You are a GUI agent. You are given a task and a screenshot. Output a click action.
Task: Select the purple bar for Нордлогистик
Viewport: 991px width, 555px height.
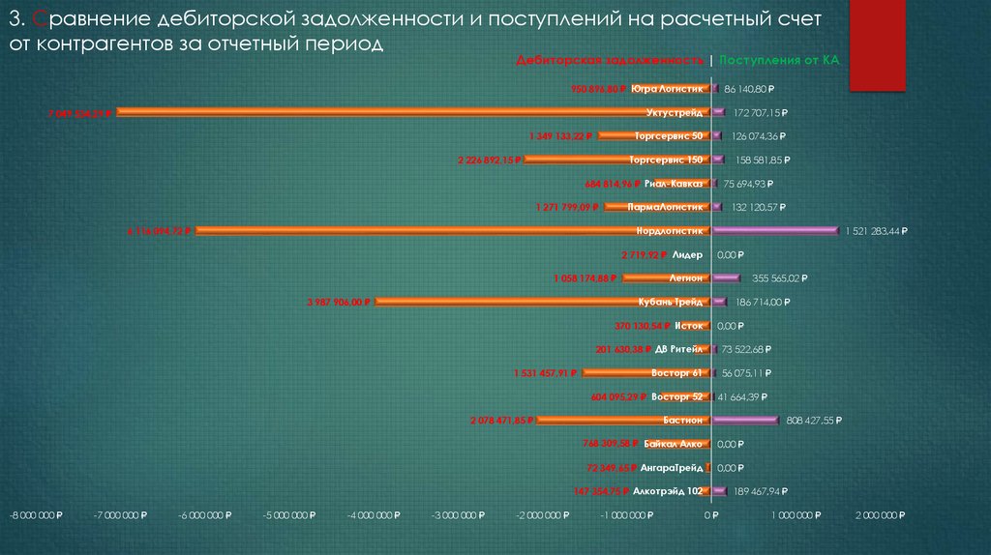(x=774, y=230)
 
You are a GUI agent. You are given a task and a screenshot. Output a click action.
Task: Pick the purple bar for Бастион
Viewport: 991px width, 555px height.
(x=745, y=421)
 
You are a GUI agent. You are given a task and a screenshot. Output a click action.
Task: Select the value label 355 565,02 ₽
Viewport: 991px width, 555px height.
(x=773, y=278)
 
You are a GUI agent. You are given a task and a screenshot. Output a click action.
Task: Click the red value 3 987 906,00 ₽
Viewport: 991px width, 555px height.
(x=339, y=303)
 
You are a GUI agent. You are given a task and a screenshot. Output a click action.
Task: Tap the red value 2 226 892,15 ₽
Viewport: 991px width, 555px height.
(x=490, y=160)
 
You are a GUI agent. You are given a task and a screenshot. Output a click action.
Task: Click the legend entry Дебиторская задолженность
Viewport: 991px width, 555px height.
(x=612, y=60)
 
